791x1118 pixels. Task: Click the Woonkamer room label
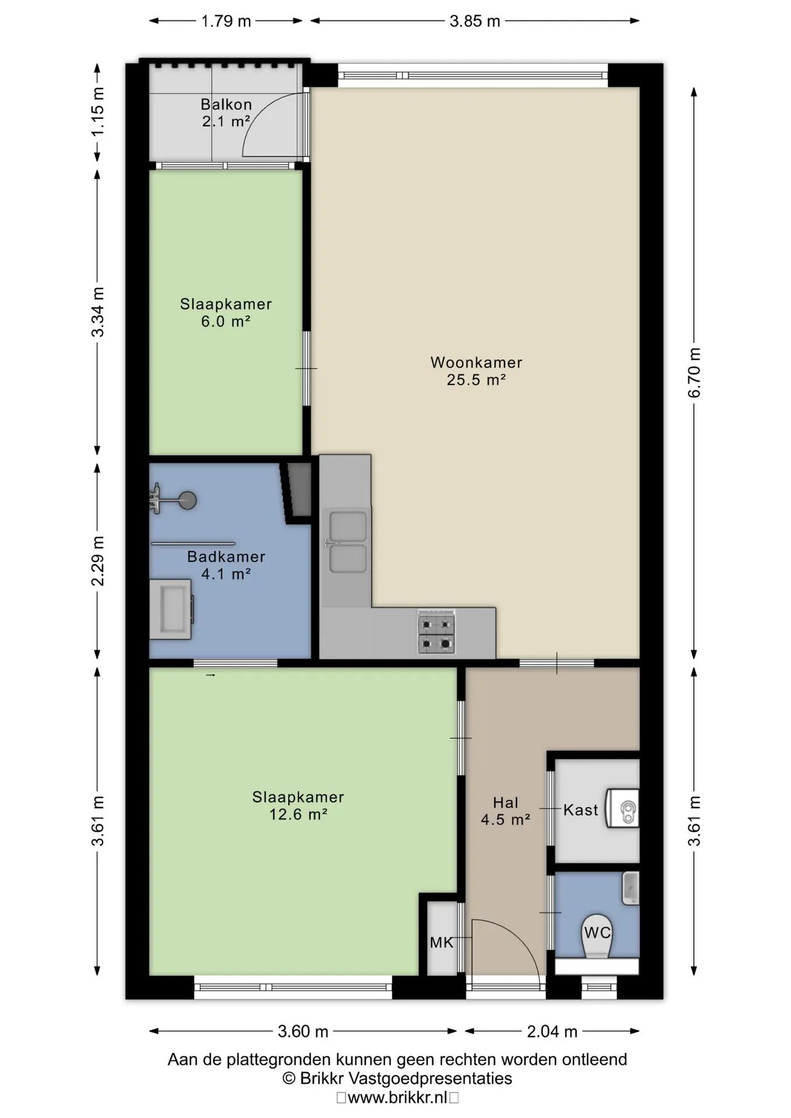click(x=476, y=362)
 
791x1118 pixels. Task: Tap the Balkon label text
click(x=226, y=105)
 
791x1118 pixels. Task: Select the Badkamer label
click(x=226, y=557)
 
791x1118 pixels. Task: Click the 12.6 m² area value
click(x=298, y=814)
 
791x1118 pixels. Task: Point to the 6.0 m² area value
click(x=225, y=321)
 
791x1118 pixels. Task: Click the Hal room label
click(x=505, y=803)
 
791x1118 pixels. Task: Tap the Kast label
click(x=580, y=810)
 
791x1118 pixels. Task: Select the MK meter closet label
click(x=441, y=942)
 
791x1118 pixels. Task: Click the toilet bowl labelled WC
click(x=597, y=937)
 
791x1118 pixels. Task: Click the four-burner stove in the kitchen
click(x=436, y=631)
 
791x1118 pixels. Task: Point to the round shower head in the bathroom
click(x=188, y=500)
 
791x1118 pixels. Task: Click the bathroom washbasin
click(x=171, y=609)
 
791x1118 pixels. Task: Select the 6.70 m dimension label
click(x=694, y=373)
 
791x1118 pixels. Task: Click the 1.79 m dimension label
click(x=226, y=22)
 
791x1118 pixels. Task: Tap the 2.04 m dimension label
click(x=552, y=1032)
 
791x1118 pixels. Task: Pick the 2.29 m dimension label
click(x=97, y=561)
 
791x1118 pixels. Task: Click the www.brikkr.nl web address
click(x=398, y=1098)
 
